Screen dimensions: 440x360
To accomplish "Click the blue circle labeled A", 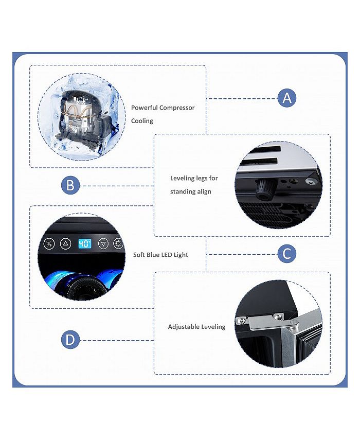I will click(287, 97).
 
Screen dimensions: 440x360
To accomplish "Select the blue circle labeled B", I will click(70, 185).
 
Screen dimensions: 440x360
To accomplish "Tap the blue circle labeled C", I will click(287, 253).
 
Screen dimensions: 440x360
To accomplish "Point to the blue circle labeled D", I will click(70, 340).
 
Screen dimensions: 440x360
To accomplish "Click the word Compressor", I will click(177, 108).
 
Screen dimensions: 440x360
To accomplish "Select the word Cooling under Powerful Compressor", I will click(142, 121).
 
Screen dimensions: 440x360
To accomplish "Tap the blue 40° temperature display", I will click(84, 243).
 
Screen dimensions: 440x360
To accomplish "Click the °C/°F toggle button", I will click(49, 243).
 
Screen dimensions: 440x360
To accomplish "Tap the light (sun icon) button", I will click(118, 243).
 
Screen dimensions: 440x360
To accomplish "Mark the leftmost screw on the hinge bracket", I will click(240, 320).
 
